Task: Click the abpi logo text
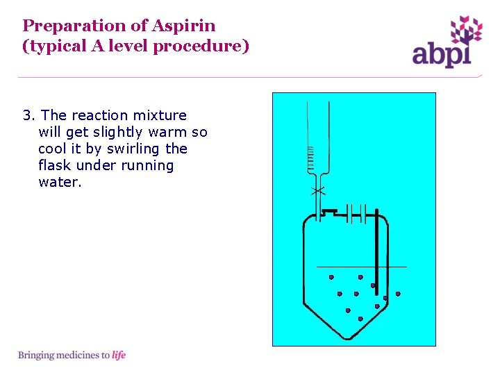442,53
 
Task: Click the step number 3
28,115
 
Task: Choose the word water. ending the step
60,182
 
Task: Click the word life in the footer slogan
119,356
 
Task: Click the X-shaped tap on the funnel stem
317,190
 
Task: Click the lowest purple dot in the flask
360,318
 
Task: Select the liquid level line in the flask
361,267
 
